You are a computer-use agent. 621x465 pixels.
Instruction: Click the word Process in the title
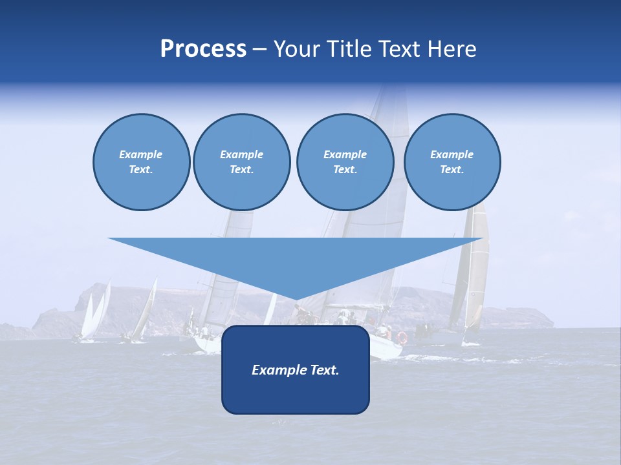point(203,49)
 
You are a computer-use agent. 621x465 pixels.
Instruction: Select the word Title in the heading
point(351,49)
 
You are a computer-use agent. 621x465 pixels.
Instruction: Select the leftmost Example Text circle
point(142,162)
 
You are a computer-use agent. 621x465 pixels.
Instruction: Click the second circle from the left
point(242,162)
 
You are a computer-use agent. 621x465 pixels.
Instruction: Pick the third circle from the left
point(345,162)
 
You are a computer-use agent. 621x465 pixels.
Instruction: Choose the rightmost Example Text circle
point(452,162)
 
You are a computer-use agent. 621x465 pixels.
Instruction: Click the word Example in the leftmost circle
point(140,154)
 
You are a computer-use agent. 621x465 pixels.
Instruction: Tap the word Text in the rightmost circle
point(451,170)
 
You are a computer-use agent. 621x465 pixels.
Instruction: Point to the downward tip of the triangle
point(296,300)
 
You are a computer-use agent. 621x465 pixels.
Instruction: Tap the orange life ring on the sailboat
point(402,338)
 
